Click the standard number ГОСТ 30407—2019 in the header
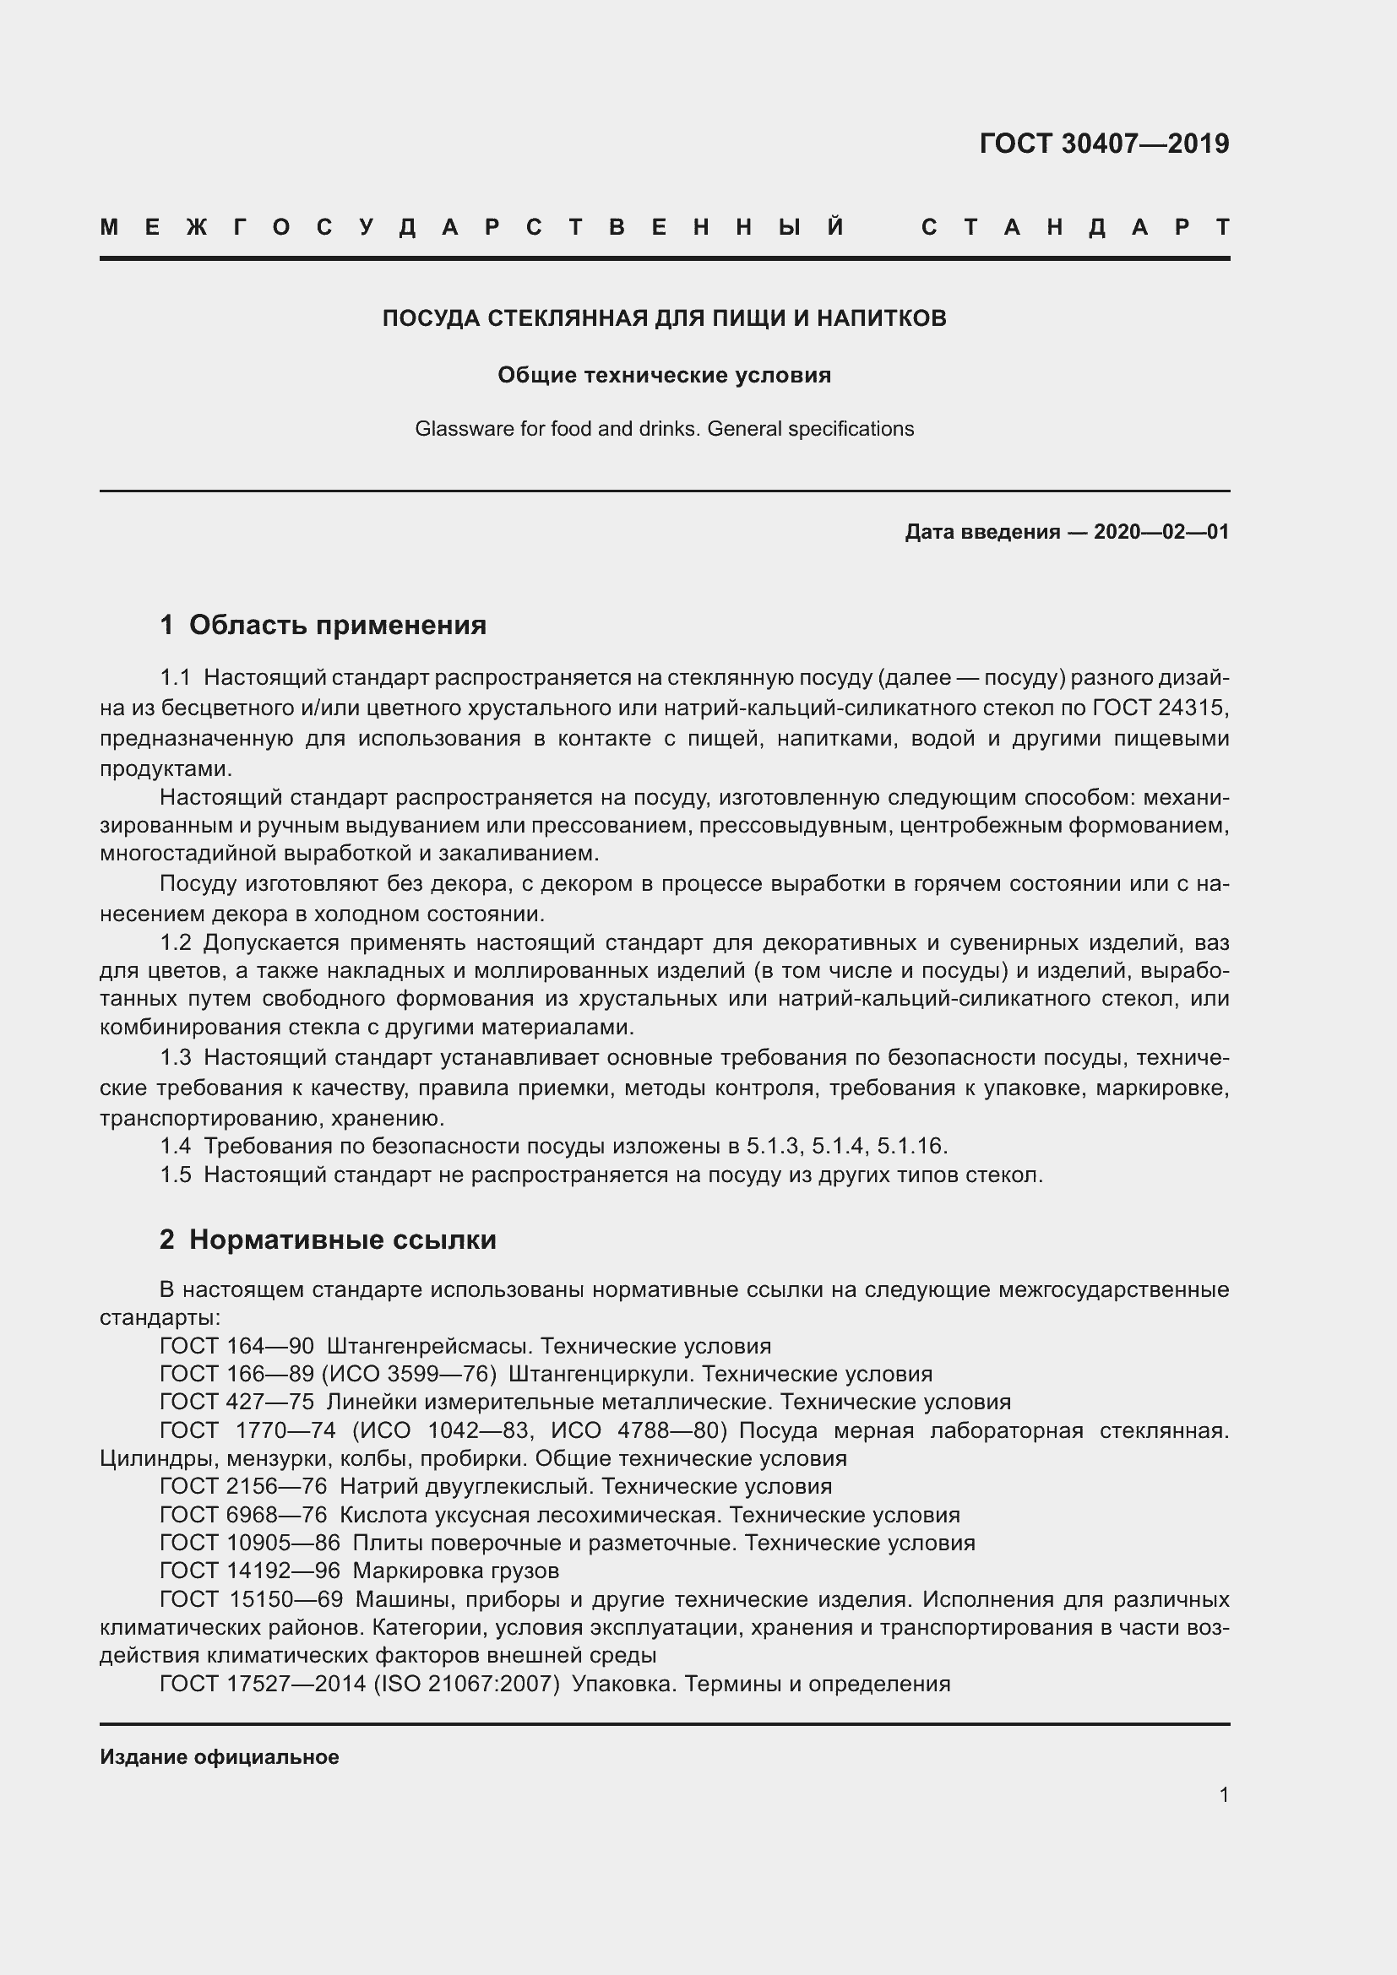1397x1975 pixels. (1104, 144)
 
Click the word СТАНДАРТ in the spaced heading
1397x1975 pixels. (1075, 228)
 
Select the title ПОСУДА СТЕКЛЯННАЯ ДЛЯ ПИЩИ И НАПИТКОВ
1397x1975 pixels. (664, 318)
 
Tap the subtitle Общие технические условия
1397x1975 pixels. (664, 375)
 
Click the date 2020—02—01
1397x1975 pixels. (1161, 532)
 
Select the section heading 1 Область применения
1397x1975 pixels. (323, 625)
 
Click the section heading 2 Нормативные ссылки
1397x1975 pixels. (328, 1240)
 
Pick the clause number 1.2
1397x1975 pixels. (176, 943)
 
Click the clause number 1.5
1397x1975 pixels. (176, 1175)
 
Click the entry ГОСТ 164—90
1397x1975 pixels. (236, 1346)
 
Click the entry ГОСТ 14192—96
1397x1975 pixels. (249, 1571)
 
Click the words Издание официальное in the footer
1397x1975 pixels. (220, 1757)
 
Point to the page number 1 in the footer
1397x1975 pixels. (1223, 1795)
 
